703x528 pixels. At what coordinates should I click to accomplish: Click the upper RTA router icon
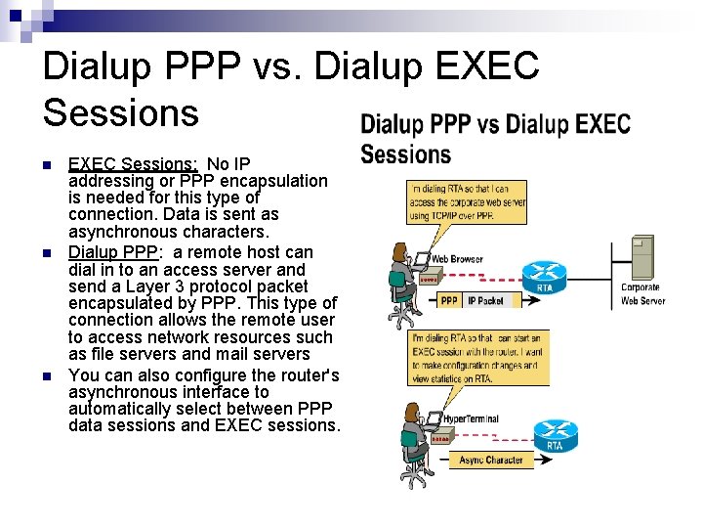coord(544,274)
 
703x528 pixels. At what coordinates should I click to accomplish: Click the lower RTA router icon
coord(555,433)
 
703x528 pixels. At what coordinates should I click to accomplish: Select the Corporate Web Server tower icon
coord(641,258)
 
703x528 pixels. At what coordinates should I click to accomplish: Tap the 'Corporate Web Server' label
coord(642,294)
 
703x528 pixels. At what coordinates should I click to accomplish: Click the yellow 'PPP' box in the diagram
coord(449,300)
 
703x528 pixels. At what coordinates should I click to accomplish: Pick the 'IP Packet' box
coord(485,300)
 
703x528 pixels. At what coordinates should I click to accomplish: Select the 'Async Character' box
coord(490,460)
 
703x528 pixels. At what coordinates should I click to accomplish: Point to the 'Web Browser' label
coord(457,260)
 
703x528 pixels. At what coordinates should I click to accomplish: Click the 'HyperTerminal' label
coord(470,418)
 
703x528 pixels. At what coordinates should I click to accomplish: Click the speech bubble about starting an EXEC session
coord(476,357)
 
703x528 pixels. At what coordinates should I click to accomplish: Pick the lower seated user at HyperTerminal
coord(410,440)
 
